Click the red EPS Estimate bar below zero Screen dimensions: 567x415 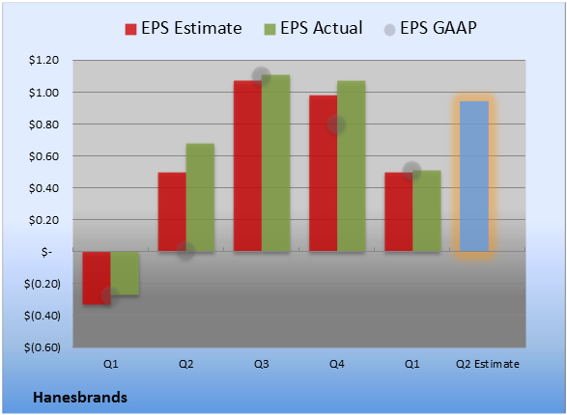[x=97, y=278]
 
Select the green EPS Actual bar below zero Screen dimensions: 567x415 [x=125, y=273]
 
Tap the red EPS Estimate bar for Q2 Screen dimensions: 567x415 [x=172, y=211]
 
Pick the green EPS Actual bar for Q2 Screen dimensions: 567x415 [x=200, y=197]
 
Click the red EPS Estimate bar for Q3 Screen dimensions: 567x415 [x=247, y=166]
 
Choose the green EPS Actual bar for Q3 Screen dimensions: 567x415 [x=276, y=163]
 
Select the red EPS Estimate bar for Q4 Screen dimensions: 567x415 [x=324, y=173]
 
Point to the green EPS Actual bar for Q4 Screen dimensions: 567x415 [x=352, y=166]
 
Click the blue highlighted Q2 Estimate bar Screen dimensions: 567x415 [x=474, y=177]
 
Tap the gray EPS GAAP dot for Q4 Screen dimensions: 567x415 [x=336, y=124]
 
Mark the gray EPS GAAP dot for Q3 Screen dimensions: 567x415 [x=261, y=76]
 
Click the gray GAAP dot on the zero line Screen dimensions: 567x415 [x=185, y=251]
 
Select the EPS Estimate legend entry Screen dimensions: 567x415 [x=184, y=28]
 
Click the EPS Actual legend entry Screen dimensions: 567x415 [x=313, y=28]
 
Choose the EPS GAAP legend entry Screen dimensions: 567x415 [x=430, y=28]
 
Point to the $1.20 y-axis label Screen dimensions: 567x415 [x=43, y=60]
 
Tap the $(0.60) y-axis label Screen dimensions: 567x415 [x=43, y=347]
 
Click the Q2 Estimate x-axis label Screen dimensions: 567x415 [x=488, y=364]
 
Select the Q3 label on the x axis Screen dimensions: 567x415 [x=262, y=364]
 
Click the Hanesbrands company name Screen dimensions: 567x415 [x=80, y=398]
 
